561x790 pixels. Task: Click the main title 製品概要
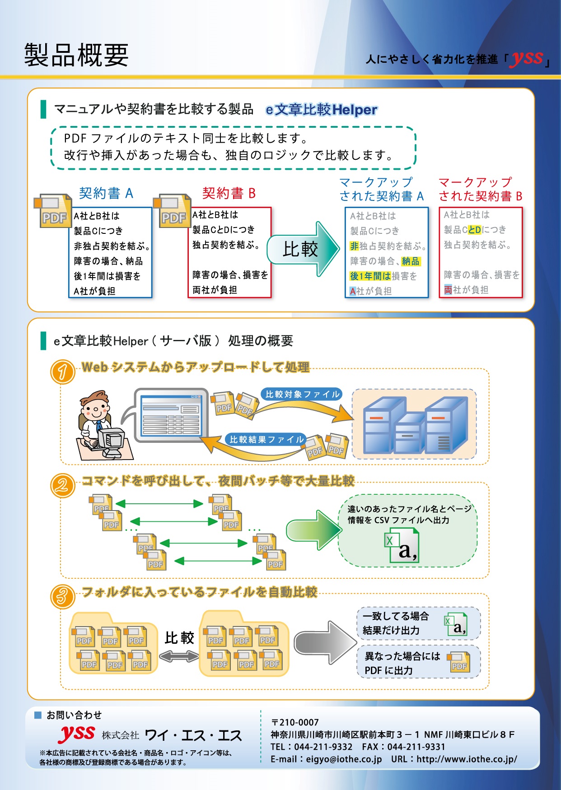click(x=76, y=55)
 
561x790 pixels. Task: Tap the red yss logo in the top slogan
click(x=527, y=58)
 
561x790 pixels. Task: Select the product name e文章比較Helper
click(x=321, y=110)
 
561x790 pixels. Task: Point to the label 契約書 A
click(x=106, y=193)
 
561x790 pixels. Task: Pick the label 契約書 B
click(x=229, y=193)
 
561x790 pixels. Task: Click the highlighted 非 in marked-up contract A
click(x=354, y=246)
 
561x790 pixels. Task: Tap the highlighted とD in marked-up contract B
click(x=475, y=230)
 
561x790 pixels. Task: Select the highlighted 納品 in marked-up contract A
click(x=411, y=261)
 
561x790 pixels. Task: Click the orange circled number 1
click(x=62, y=372)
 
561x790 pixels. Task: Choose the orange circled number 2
click(x=62, y=485)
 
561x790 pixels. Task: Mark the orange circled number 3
click(x=62, y=596)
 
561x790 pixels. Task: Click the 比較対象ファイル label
click(x=302, y=394)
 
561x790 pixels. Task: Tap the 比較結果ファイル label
click(x=266, y=439)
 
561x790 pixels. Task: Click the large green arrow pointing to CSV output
click(x=314, y=530)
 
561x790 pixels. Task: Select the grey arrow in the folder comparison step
click(x=325, y=642)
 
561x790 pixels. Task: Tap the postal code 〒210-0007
click(x=295, y=722)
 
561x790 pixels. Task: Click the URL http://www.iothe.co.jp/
click(x=467, y=759)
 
